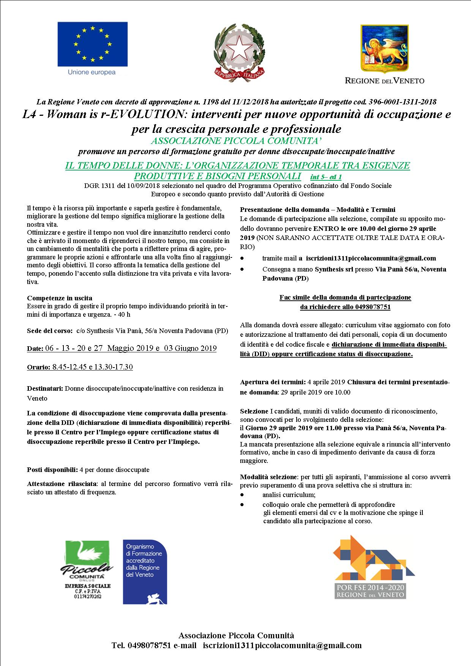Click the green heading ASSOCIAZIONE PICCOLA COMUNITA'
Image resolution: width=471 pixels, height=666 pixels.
(236, 141)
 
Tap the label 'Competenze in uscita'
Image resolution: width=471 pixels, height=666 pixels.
(60, 298)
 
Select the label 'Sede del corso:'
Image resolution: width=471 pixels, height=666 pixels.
(50, 330)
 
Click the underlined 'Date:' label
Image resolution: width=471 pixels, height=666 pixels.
(35, 349)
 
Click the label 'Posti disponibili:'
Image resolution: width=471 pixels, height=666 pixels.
(52, 470)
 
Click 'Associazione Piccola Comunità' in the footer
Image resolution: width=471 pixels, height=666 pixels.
(236, 636)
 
